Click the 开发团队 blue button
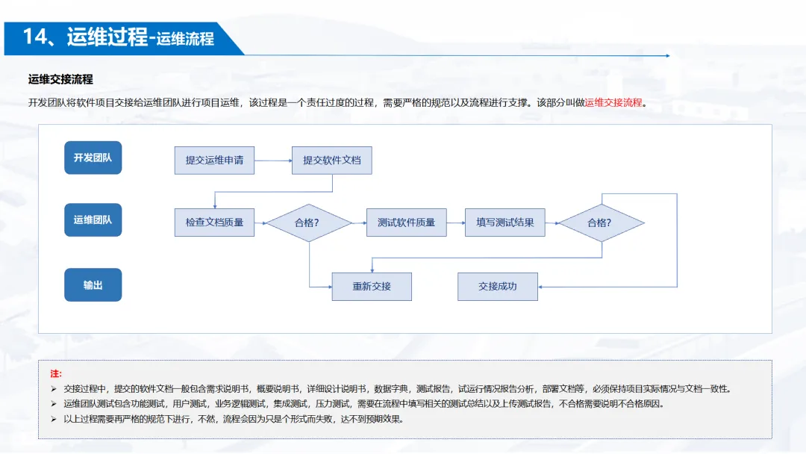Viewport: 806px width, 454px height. (93, 158)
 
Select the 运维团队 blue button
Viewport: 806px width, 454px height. (93, 220)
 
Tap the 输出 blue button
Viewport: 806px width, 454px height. (93, 284)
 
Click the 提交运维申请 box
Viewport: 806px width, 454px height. (214, 160)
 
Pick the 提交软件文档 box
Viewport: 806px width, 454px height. (331, 160)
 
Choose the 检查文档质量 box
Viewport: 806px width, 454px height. (214, 223)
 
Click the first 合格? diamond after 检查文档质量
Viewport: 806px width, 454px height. (309, 223)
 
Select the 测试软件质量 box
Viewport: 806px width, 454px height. (406, 223)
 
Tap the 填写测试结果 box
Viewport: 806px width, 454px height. (505, 223)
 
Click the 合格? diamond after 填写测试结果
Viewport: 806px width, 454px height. (602, 223)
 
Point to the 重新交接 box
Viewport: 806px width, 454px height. (372, 286)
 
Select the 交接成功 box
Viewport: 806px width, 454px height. (498, 286)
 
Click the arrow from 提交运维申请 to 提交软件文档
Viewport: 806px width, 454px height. (273, 160)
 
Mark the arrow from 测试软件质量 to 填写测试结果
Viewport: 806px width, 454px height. (456, 223)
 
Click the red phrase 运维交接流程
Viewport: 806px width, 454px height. (613, 102)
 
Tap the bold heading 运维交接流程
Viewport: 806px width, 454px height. (60, 79)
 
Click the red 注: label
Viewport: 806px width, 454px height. (56, 373)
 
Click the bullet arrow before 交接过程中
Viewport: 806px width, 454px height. (54, 388)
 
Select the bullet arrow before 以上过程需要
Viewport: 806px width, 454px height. (54, 419)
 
